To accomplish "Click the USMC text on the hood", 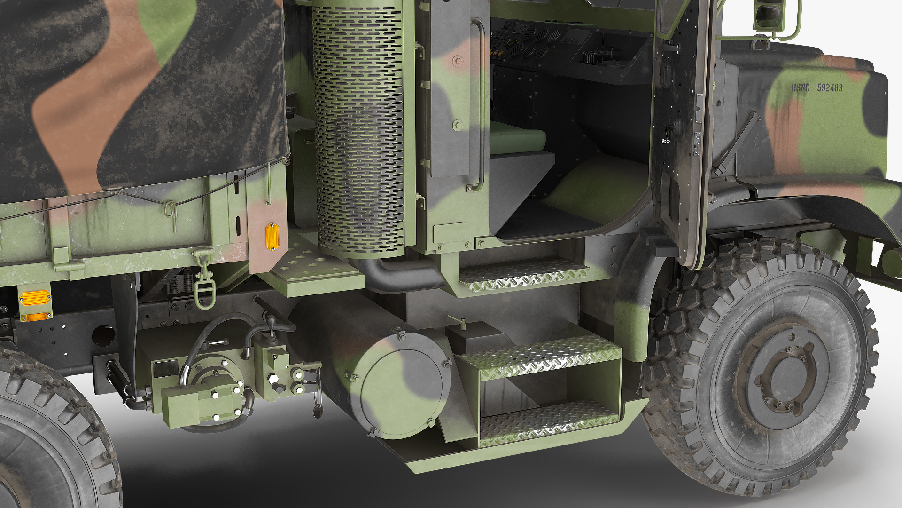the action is click(x=801, y=87).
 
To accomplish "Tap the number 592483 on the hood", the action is click(x=830, y=88).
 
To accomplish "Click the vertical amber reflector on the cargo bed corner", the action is click(x=272, y=236).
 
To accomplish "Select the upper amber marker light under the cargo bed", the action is click(x=34, y=297).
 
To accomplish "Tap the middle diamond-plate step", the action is click(x=540, y=357).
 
